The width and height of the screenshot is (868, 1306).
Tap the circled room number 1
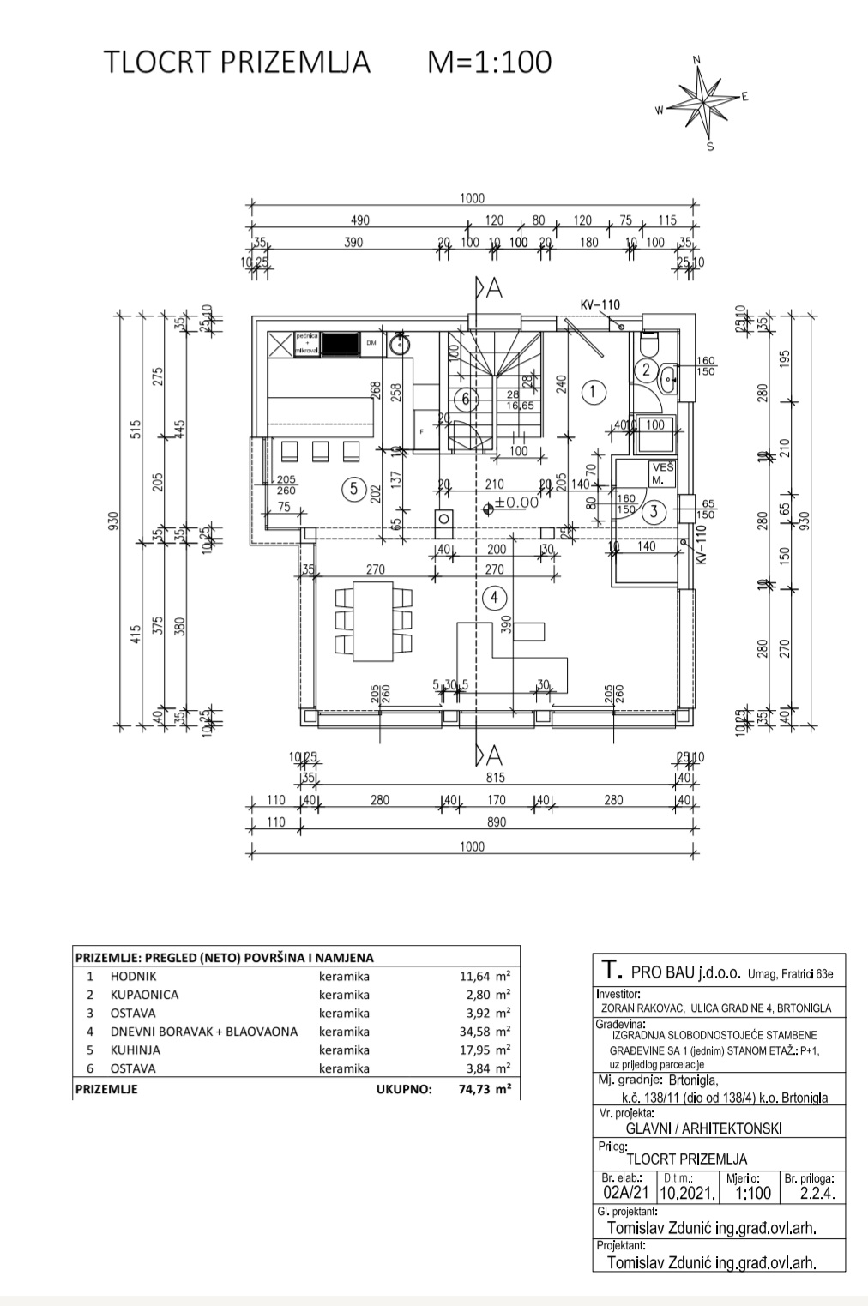[593, 393]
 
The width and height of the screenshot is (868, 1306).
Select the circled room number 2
[645, 370]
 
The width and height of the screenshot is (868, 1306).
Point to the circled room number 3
[654, 512]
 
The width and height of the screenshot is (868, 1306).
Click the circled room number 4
[495, 597]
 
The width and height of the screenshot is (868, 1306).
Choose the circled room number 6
[466, 399]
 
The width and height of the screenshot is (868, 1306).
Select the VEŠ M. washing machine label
[662, 474]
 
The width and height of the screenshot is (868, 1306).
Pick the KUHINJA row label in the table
[135, 1050]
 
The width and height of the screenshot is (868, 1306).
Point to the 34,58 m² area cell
[485, 1032]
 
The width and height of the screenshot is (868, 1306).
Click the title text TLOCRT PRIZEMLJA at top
[237, 63]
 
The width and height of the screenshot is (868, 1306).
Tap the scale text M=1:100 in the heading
[490, 63]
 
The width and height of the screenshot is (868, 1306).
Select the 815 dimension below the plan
[496, 778]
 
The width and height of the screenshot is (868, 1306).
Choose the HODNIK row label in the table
[133, 976]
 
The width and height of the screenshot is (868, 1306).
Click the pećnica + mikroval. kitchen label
[308, 343]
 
